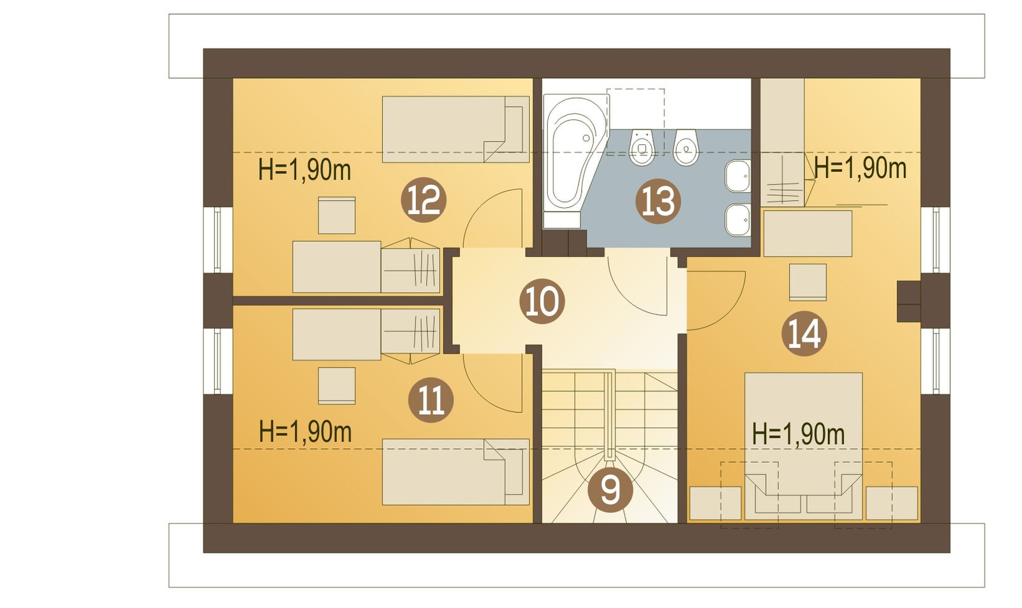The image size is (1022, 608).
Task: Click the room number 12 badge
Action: click(x=423, y=200)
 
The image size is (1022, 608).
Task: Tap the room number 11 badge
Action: click(x=431, y=400)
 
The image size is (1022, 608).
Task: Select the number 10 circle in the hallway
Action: click(x=542, y=301)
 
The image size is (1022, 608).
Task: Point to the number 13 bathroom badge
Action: click(x=658, y=201)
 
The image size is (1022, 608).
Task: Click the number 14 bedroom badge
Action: click(x=804, y=334)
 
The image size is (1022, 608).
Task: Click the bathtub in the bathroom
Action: click(x=576, y=161)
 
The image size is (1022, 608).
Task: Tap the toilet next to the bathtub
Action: click(x=642, y=146)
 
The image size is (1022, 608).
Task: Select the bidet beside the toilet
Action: click(x=686, y=146)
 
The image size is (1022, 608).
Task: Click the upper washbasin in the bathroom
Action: click(x=738, y=176)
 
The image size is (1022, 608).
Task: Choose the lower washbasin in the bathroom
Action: click(x=738, y=220)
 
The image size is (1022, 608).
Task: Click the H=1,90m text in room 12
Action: click(x=304, y=170)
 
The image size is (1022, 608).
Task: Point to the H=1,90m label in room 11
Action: click(x=305, y=431)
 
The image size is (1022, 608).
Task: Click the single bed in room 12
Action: click(x=456, y=129)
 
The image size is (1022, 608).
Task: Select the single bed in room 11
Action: click(x=456, y=472)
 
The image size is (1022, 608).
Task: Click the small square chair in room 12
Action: click(x=337, y=215)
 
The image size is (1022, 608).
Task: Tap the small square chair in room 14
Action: click(x=807, y=283)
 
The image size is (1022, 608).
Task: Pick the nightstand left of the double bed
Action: click(x=715, y=503)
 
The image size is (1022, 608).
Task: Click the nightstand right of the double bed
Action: click(x=891, y=503)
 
